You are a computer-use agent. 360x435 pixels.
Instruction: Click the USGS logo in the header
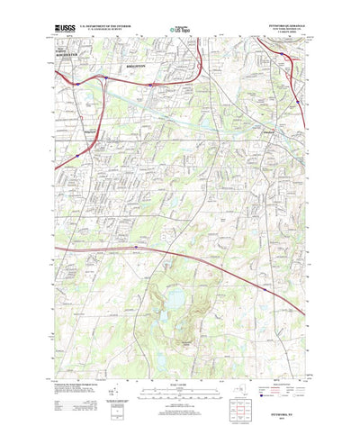(x=65, y=31)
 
